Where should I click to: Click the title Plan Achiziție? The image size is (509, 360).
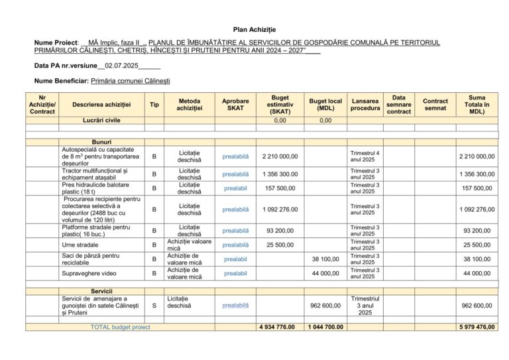coord(254,30)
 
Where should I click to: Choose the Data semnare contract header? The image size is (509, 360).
coord(398,105)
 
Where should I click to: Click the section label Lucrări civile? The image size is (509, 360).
coord(101,121)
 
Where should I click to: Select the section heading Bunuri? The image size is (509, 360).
coord(101,142)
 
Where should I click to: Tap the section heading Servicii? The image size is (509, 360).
coord(101,291)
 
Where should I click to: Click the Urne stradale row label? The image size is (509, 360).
coord(80,245)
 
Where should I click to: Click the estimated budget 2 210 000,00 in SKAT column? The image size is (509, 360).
coord(280,156)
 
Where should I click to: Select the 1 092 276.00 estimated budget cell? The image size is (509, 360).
coord(280,210)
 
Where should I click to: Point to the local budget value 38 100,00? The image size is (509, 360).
coord(325,259)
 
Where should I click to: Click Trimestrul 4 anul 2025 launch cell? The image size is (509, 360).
coord(365,156)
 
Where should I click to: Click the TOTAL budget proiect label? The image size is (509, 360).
coord(120,327)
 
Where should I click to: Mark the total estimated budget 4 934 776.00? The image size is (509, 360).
coord(280,327)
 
